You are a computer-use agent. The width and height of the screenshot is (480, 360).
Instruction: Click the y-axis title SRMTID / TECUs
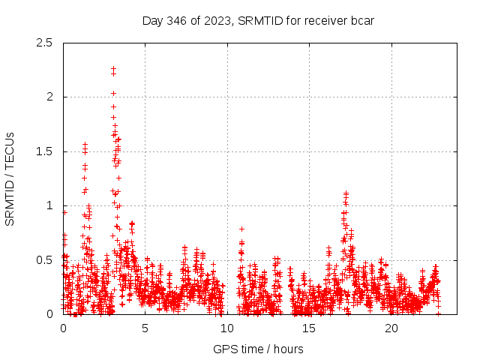pyautogui.click(x=10, y=178)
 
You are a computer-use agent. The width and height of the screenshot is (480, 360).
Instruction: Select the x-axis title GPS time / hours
pyautogui.click(x=258, y=349)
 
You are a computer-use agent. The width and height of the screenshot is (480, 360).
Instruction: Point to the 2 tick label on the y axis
pyautogui.click(x=49, y=97)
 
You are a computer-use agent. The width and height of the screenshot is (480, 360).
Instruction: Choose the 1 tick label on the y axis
pyautogui.click(x=49, y=205)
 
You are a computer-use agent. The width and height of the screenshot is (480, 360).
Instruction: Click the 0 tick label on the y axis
pyautogui.click(x=49, y=314)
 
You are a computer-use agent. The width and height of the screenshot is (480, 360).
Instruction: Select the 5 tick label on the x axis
pyautogui.click(x=145, y=328)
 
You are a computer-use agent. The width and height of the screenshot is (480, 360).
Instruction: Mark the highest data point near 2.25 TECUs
pyautogui.click(x=113, y=69)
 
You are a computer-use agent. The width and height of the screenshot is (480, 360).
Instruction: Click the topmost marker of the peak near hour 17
pyautogui.click(x=346, y=193)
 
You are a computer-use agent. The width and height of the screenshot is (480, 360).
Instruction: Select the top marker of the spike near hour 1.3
pyautogui.click(x=85, y=144)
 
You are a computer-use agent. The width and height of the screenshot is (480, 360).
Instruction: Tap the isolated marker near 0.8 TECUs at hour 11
pyautogui.click(x=241, y=228)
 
